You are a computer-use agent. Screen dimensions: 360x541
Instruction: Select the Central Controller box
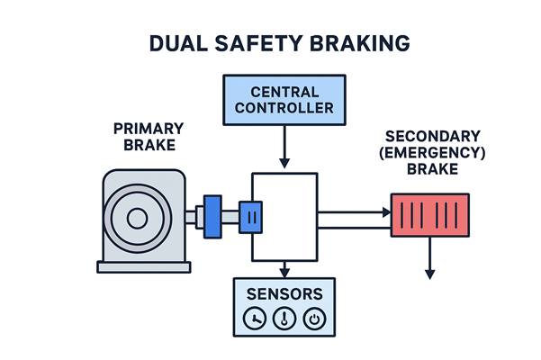284,100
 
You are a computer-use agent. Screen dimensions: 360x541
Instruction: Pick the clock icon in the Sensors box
255,318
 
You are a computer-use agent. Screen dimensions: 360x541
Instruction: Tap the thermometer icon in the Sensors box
284,318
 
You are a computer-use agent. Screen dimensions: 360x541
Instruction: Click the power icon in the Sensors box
314,318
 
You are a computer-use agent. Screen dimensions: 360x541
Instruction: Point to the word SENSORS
284,294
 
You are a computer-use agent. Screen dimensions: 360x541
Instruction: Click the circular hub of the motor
138,217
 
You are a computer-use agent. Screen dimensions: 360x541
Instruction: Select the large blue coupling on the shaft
212,216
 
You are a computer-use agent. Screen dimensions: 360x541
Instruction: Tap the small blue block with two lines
251,216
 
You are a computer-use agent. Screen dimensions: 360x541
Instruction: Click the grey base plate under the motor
144,265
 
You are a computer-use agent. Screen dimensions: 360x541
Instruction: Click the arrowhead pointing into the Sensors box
284,271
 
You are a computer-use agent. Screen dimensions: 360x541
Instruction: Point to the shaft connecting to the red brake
353,216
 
